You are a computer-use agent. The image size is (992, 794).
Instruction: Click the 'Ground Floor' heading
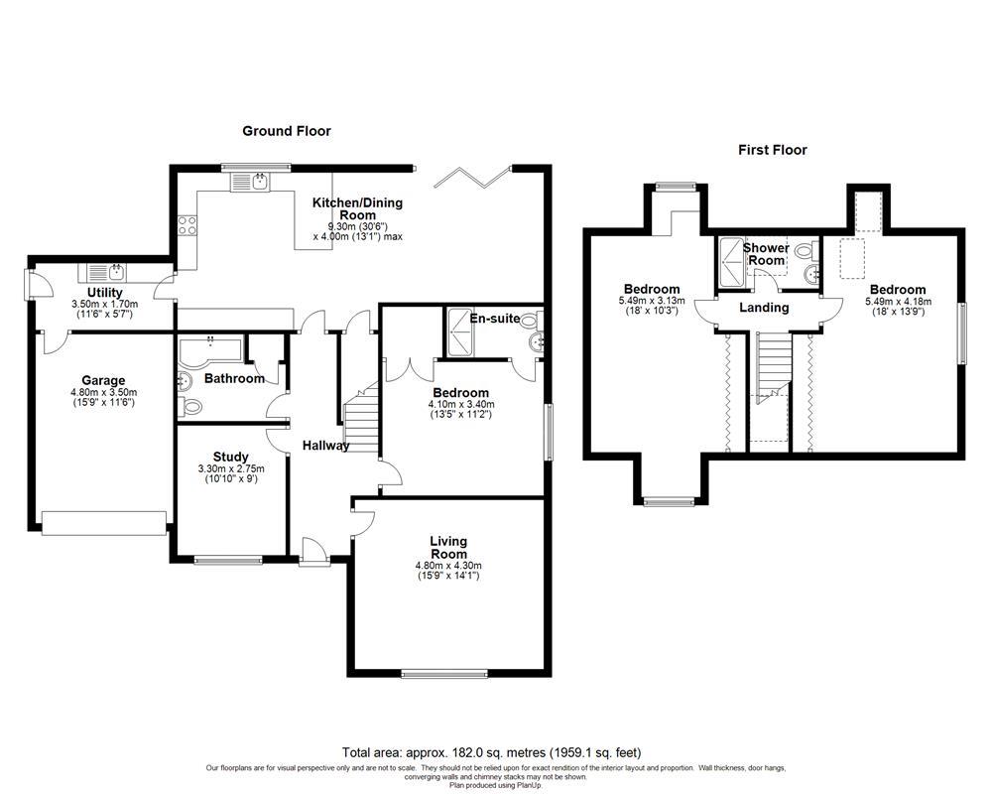pos(287,131)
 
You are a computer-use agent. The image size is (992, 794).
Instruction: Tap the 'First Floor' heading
pos(772,150)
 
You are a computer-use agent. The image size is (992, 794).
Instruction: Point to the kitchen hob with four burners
pos(185,225)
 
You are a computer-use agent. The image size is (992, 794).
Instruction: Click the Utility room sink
pos(104,270)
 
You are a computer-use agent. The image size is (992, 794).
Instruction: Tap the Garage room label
pos(103,380)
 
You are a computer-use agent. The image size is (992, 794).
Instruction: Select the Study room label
pos(230,458)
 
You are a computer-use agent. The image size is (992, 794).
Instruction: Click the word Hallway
pos(326,446)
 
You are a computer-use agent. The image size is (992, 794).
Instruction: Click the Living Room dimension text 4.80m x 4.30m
pos(447,566)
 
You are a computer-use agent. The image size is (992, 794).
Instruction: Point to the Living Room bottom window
pos(444,674)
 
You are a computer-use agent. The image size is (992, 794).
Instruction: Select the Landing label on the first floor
pos(764,308)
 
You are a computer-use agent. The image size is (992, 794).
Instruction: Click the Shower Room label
pos(766,253)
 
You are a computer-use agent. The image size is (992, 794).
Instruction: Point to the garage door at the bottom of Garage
pos(103,522)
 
